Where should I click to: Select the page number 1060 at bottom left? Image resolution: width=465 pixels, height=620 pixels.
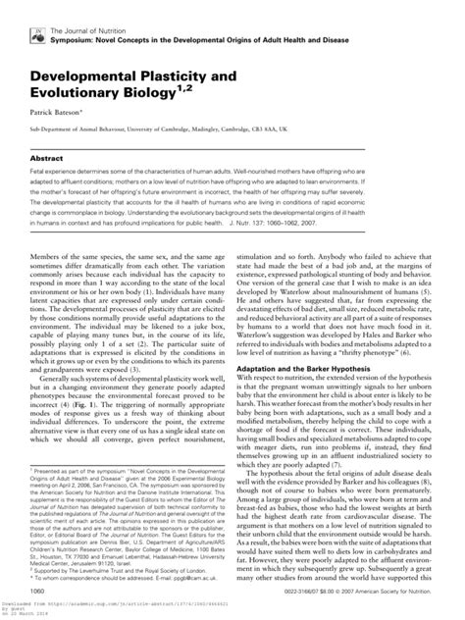[x=40, y=591]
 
